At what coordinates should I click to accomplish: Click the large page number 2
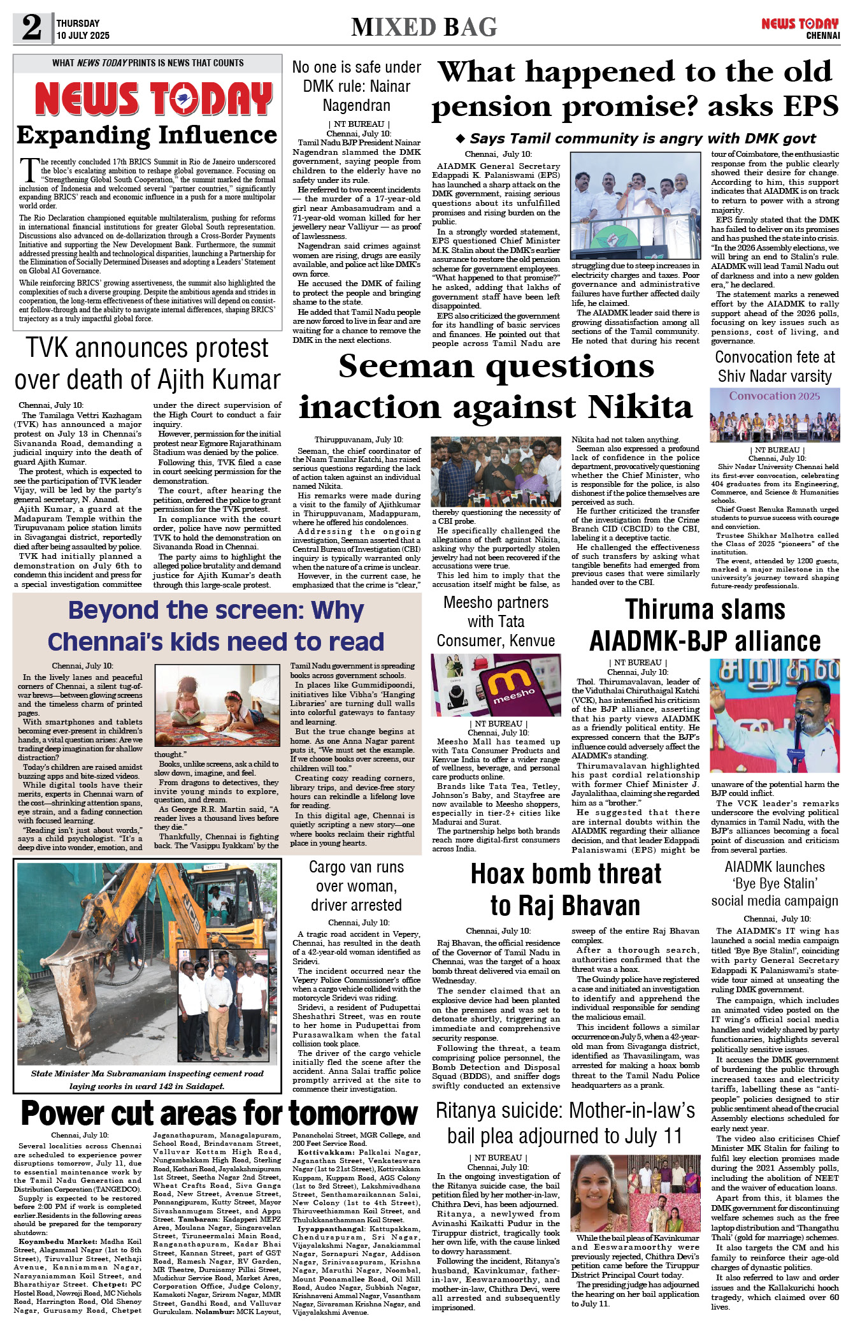pyautogui.click(x=32, y=27)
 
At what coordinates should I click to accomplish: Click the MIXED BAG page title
pyautogui.click(x=424, y=27)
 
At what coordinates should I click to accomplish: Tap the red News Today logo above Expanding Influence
pyautogui.click(x=153, y=99)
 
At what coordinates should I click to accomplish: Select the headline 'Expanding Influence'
pyautogui.click(x=147, y=135)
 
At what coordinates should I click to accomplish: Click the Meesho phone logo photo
pyautogui.click(x=496, y=685)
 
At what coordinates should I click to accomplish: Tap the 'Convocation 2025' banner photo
pyautogui.click(x=775, y=416)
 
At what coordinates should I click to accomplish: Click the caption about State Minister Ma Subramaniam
pyautogui.click(x=147, y=1080)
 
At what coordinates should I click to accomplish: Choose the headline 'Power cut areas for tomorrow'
pyautogui.click(x=219, y=1113)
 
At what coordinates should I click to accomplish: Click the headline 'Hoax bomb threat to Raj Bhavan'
pyautogui.click(x=566, y=889)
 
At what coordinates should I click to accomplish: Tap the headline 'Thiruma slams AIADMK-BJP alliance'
pyautogui.click(x=705, y=625)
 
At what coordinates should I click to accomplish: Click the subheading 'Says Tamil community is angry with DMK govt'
pyautogui.click(x=637, y=139)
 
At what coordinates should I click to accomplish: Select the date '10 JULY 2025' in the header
pyautogui.click(x=83, y=36)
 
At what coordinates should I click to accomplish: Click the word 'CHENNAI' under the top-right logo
pyautogui.click(x=823, y=36)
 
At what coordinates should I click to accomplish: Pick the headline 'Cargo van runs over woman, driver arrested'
pyautogui.click(x=356, y=886)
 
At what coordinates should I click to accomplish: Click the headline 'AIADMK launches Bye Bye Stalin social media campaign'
pyautogui.click(x=775, y=884)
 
